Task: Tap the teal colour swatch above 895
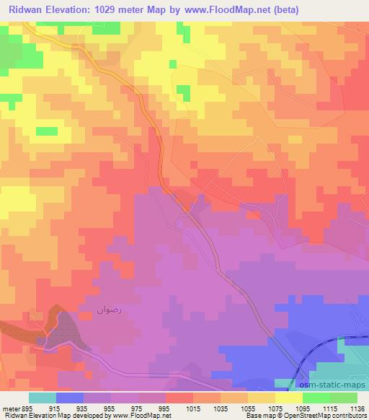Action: click(43, 398)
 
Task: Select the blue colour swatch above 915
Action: click(70, 398)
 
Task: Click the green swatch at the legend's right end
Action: click(344, 398)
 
